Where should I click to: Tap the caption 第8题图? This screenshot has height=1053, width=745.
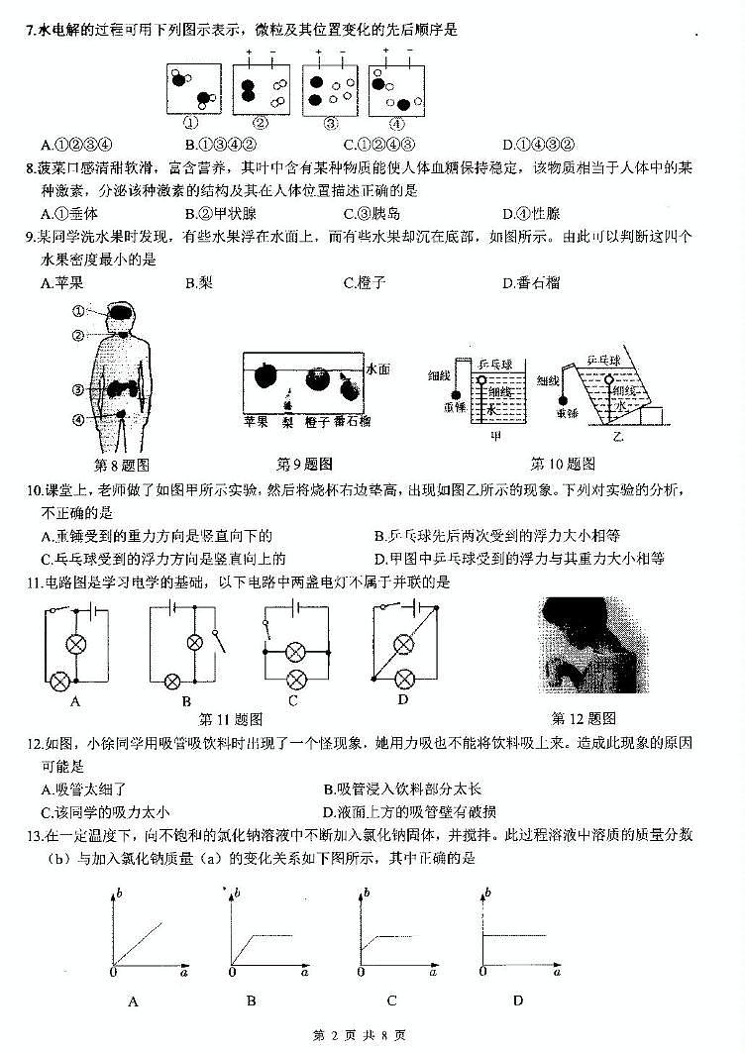click(x=120, y=464)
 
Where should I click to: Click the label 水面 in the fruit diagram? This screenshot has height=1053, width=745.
click(x=377, y=369)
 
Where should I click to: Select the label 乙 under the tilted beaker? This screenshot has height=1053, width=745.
click(x=618, y=437)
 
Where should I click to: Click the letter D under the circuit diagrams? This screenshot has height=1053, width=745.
click(x=403, y=699)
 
